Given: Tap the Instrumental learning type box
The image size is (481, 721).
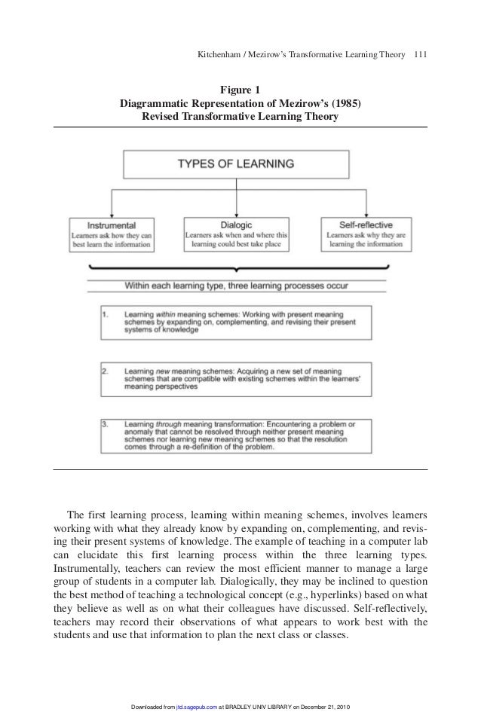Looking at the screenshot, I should tap(112, 234).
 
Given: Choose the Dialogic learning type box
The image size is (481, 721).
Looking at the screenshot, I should tap(236, 234).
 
